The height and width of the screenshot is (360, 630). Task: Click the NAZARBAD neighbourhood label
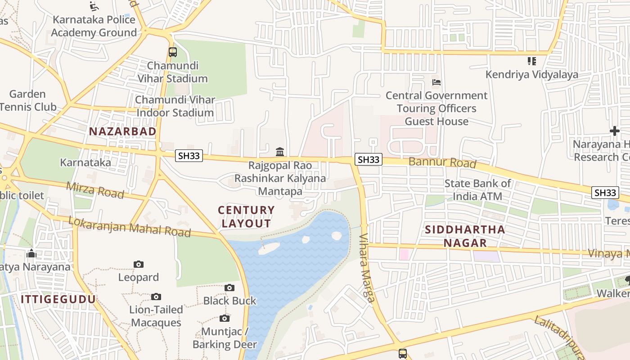122,131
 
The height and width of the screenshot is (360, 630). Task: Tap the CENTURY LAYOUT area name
246,216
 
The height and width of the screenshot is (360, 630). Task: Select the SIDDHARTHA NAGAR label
465,236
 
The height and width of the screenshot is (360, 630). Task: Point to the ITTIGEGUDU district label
58,299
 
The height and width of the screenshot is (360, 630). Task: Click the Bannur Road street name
442,162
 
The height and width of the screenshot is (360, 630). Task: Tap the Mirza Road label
95,190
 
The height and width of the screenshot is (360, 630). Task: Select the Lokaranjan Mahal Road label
130,227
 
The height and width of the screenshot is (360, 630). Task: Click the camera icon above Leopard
139,264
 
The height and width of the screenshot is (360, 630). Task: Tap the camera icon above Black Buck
229,288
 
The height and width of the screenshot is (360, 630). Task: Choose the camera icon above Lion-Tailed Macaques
156,297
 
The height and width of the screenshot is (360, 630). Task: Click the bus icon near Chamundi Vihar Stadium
173,52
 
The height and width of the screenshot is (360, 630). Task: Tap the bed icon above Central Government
436,82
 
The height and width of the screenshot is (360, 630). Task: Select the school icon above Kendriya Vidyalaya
531,61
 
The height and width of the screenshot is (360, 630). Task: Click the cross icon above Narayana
614,131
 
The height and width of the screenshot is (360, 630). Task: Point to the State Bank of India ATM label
477,190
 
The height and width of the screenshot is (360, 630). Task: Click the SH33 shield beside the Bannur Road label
369,159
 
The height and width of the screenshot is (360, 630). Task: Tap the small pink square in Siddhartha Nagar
404,254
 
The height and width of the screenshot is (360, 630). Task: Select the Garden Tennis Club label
28,100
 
